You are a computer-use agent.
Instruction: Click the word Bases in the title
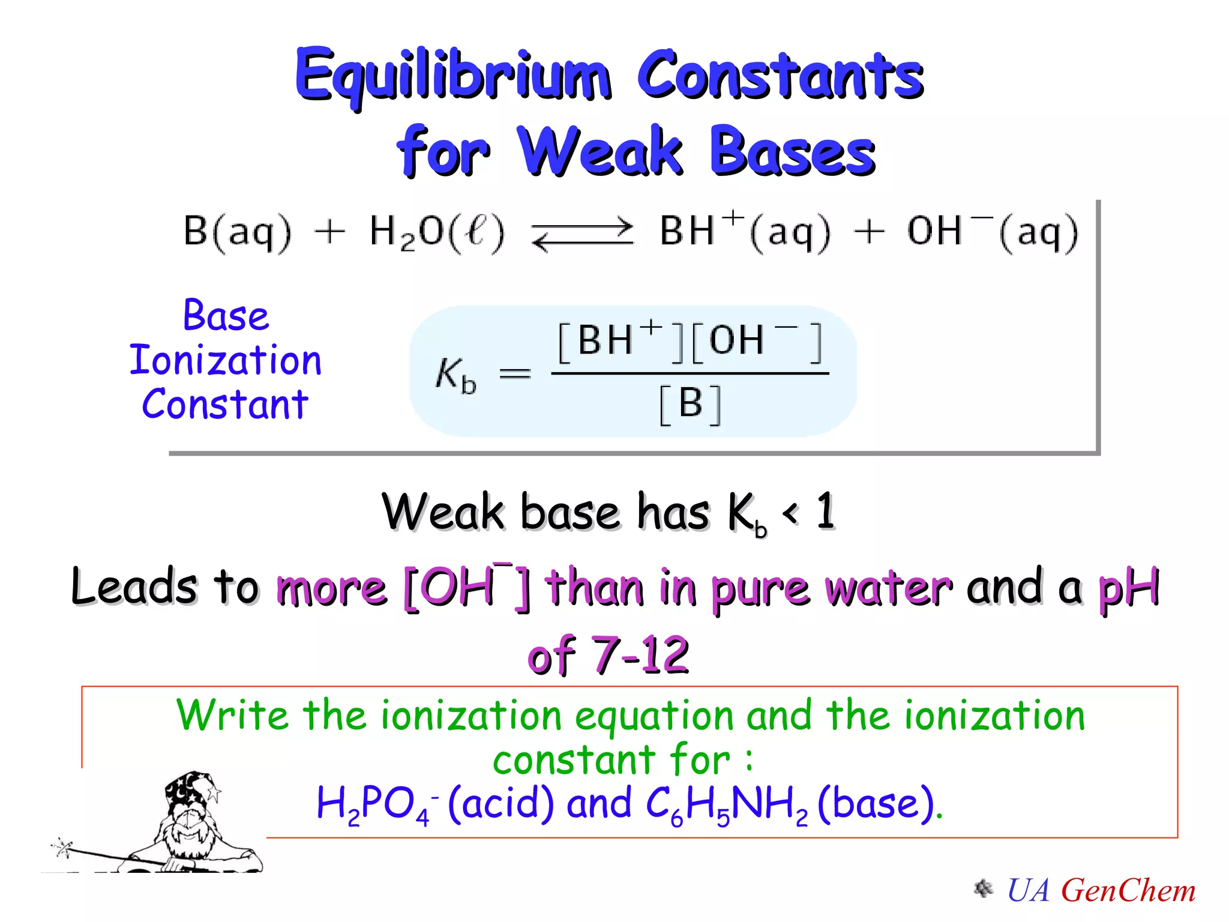(x=792, y=151)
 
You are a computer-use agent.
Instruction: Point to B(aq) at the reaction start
(x=237, y=232)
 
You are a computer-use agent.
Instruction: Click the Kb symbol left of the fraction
(x=455, y=375)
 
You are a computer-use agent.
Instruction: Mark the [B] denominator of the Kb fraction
(x=690, y=404)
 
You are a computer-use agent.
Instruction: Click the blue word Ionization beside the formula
(x=226, y=360)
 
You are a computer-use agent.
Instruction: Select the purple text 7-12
(x=640, y=654)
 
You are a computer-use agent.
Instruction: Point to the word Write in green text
(x=233, y=716)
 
